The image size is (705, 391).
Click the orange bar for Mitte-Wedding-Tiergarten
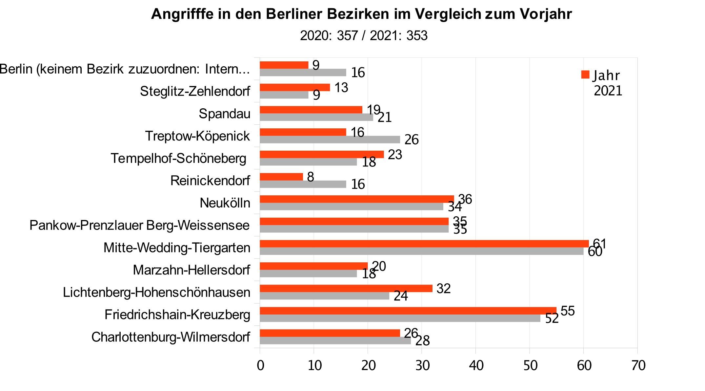tap(424, 244)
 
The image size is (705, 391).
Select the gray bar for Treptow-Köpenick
tap(330, 140)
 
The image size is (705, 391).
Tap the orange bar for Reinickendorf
tap(281, 177)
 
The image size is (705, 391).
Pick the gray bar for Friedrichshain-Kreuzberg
tap(400, 318)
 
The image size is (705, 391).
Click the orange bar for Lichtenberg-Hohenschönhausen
tap(346, 288)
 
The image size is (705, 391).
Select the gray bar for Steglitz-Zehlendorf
tap(284, 95)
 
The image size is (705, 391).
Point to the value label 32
tap(443, 289)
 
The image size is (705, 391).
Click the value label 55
tap(568, 311)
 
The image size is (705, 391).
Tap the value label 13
tap(341, 88)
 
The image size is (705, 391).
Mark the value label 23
tap(395, 155)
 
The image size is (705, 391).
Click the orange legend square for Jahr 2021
tap(585, 75)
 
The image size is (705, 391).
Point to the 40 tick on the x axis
tap(476, 365)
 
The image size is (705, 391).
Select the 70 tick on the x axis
tap(638, 365)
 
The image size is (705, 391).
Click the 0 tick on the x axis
tap(260, 365)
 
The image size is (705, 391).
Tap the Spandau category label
tap(224, 114)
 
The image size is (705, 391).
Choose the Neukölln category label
tap(225, 203)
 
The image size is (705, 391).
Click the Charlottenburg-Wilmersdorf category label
tap(171, 337)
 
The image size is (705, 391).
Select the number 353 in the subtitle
tap(417, 35)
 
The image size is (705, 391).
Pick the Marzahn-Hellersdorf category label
tap(191, 270)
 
